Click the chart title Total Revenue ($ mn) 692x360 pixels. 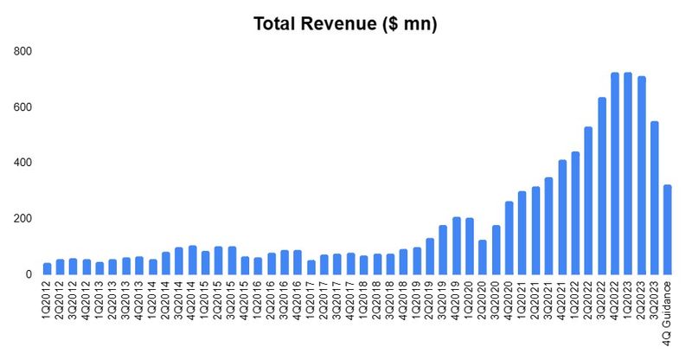[x=345, y=24]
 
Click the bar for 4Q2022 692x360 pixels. [x=614, y=173]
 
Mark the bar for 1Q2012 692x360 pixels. [x=47, y=268]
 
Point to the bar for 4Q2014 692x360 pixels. [x=192, y=260]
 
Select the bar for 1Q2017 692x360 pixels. [x=311, y=267]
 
